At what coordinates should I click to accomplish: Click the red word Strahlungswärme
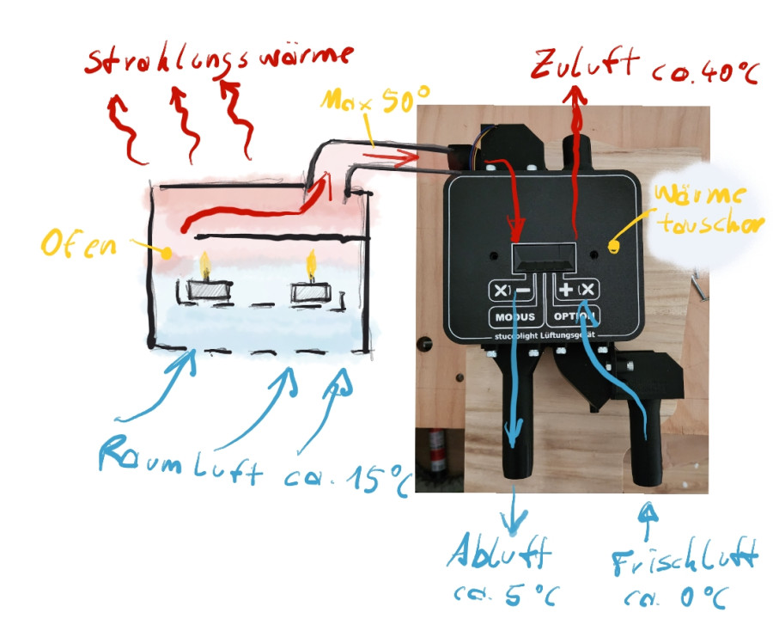coord(218,58)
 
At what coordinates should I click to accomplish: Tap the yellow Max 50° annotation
coord(373,101)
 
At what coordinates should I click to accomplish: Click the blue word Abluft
coord(498,556)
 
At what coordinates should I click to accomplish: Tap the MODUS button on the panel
coord(514,317)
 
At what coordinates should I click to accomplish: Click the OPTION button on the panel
coord(578,317)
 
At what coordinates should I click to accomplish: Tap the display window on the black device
coord(542,255)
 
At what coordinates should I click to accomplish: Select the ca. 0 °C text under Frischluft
coord(675,598)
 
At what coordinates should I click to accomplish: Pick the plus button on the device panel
coord(567,290)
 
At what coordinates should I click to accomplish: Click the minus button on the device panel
coord(522,291)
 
